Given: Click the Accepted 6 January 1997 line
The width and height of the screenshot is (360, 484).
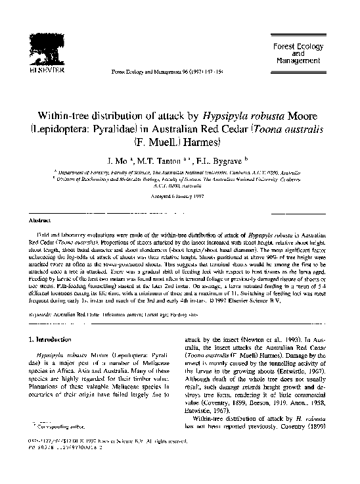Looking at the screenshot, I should tap(180, 201).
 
